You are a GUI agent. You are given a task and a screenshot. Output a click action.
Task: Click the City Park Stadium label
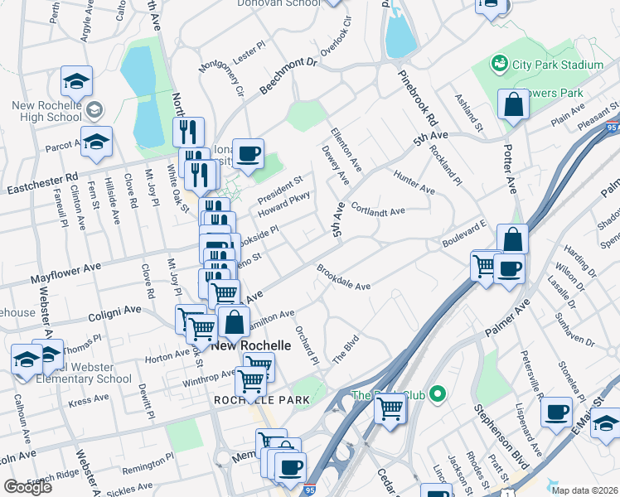557,65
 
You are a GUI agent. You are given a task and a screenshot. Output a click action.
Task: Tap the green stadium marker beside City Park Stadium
499,63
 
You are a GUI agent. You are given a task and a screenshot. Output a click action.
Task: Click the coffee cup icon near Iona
248,153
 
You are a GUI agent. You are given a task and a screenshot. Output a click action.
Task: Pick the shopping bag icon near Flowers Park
513,105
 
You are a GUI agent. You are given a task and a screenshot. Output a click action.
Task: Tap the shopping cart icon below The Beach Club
390,407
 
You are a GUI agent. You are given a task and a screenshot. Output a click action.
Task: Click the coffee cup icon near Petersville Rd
557,411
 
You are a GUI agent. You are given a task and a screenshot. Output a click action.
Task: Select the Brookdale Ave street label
343,277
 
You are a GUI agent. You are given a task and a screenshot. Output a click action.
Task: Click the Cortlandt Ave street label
377,209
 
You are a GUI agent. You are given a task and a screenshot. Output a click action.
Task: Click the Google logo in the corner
27,486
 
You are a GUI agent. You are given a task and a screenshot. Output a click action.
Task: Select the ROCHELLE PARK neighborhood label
261,400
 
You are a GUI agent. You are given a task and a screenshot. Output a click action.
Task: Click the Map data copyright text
583,490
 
